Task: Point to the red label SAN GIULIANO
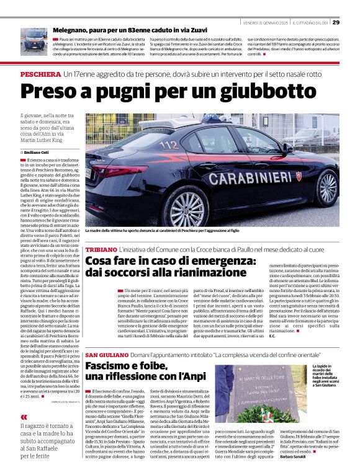coord(107,354)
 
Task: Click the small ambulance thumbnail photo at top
coord(34,42)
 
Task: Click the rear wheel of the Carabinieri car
coord(187,208)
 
